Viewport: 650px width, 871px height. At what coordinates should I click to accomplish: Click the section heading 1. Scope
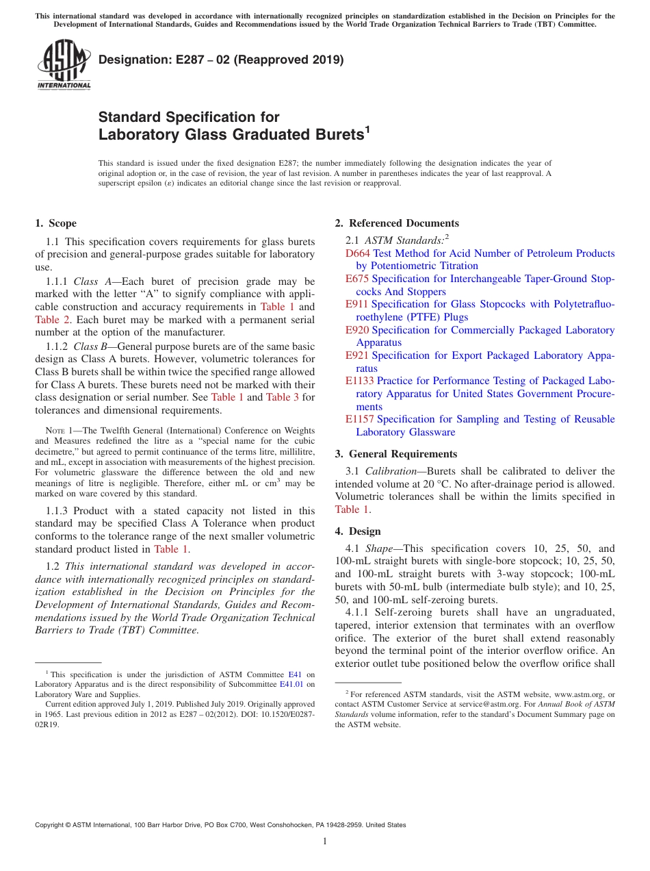[x=55, y=223]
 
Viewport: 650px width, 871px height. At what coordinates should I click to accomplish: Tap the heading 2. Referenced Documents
[x=397, y=223]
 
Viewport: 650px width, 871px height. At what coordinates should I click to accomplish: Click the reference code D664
[x=358, y=253]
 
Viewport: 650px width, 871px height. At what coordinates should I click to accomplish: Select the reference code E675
[x=357, y=279]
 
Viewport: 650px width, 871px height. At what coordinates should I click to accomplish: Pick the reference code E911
[x=357, y=304]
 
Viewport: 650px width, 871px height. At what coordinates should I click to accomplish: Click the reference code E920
[x=357, y=330]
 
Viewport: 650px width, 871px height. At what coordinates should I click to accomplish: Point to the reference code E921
[x=357, y=355]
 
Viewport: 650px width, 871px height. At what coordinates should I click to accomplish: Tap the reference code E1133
[x=360, y=381]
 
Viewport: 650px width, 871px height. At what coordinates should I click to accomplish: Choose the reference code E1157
[x=360, y=419]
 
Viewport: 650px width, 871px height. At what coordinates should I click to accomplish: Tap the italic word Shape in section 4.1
[x=380, y=548]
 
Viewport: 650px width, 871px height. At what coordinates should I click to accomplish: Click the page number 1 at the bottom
[x=325, y=842]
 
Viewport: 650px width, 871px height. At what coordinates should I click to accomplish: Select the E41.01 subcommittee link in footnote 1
[x=292, y=683]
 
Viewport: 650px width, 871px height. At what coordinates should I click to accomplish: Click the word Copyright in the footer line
[x=51, y=825]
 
